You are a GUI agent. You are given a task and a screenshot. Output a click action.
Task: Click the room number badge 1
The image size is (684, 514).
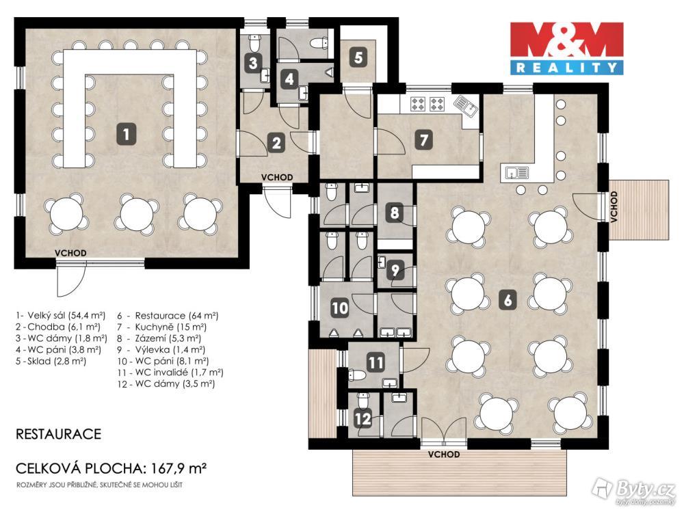pos(126,134)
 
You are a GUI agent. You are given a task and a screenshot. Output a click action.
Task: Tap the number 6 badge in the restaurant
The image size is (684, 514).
pos(508,300)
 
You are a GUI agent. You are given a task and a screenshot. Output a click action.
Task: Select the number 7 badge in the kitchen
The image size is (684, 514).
pos(423,140)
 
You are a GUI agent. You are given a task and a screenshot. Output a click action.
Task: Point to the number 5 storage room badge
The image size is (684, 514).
pos(358,57)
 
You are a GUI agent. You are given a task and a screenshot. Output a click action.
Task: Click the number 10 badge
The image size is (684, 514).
pos(340,308)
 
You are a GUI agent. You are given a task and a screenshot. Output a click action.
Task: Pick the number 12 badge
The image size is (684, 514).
pos(363,420)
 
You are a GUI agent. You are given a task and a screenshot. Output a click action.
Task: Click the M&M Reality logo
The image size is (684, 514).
pos(567,48)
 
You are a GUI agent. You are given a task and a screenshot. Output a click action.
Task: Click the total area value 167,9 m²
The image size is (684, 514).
pos(179,469)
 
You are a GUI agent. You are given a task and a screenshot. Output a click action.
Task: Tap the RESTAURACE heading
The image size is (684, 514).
pos(58,434)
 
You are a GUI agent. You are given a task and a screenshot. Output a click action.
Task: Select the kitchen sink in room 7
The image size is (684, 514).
pos(465,106)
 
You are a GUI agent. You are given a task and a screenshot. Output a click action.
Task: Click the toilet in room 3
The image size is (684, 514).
pos(254,43)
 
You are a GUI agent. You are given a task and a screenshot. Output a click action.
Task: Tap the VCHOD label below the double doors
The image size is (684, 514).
pos(444,455)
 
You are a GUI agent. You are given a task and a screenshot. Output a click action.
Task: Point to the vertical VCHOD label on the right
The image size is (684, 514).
pos(614,206)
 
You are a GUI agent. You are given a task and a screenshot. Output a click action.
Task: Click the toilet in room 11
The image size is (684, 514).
pos(357,375)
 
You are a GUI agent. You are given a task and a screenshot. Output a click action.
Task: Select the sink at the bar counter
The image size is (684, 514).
pos(517,173)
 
